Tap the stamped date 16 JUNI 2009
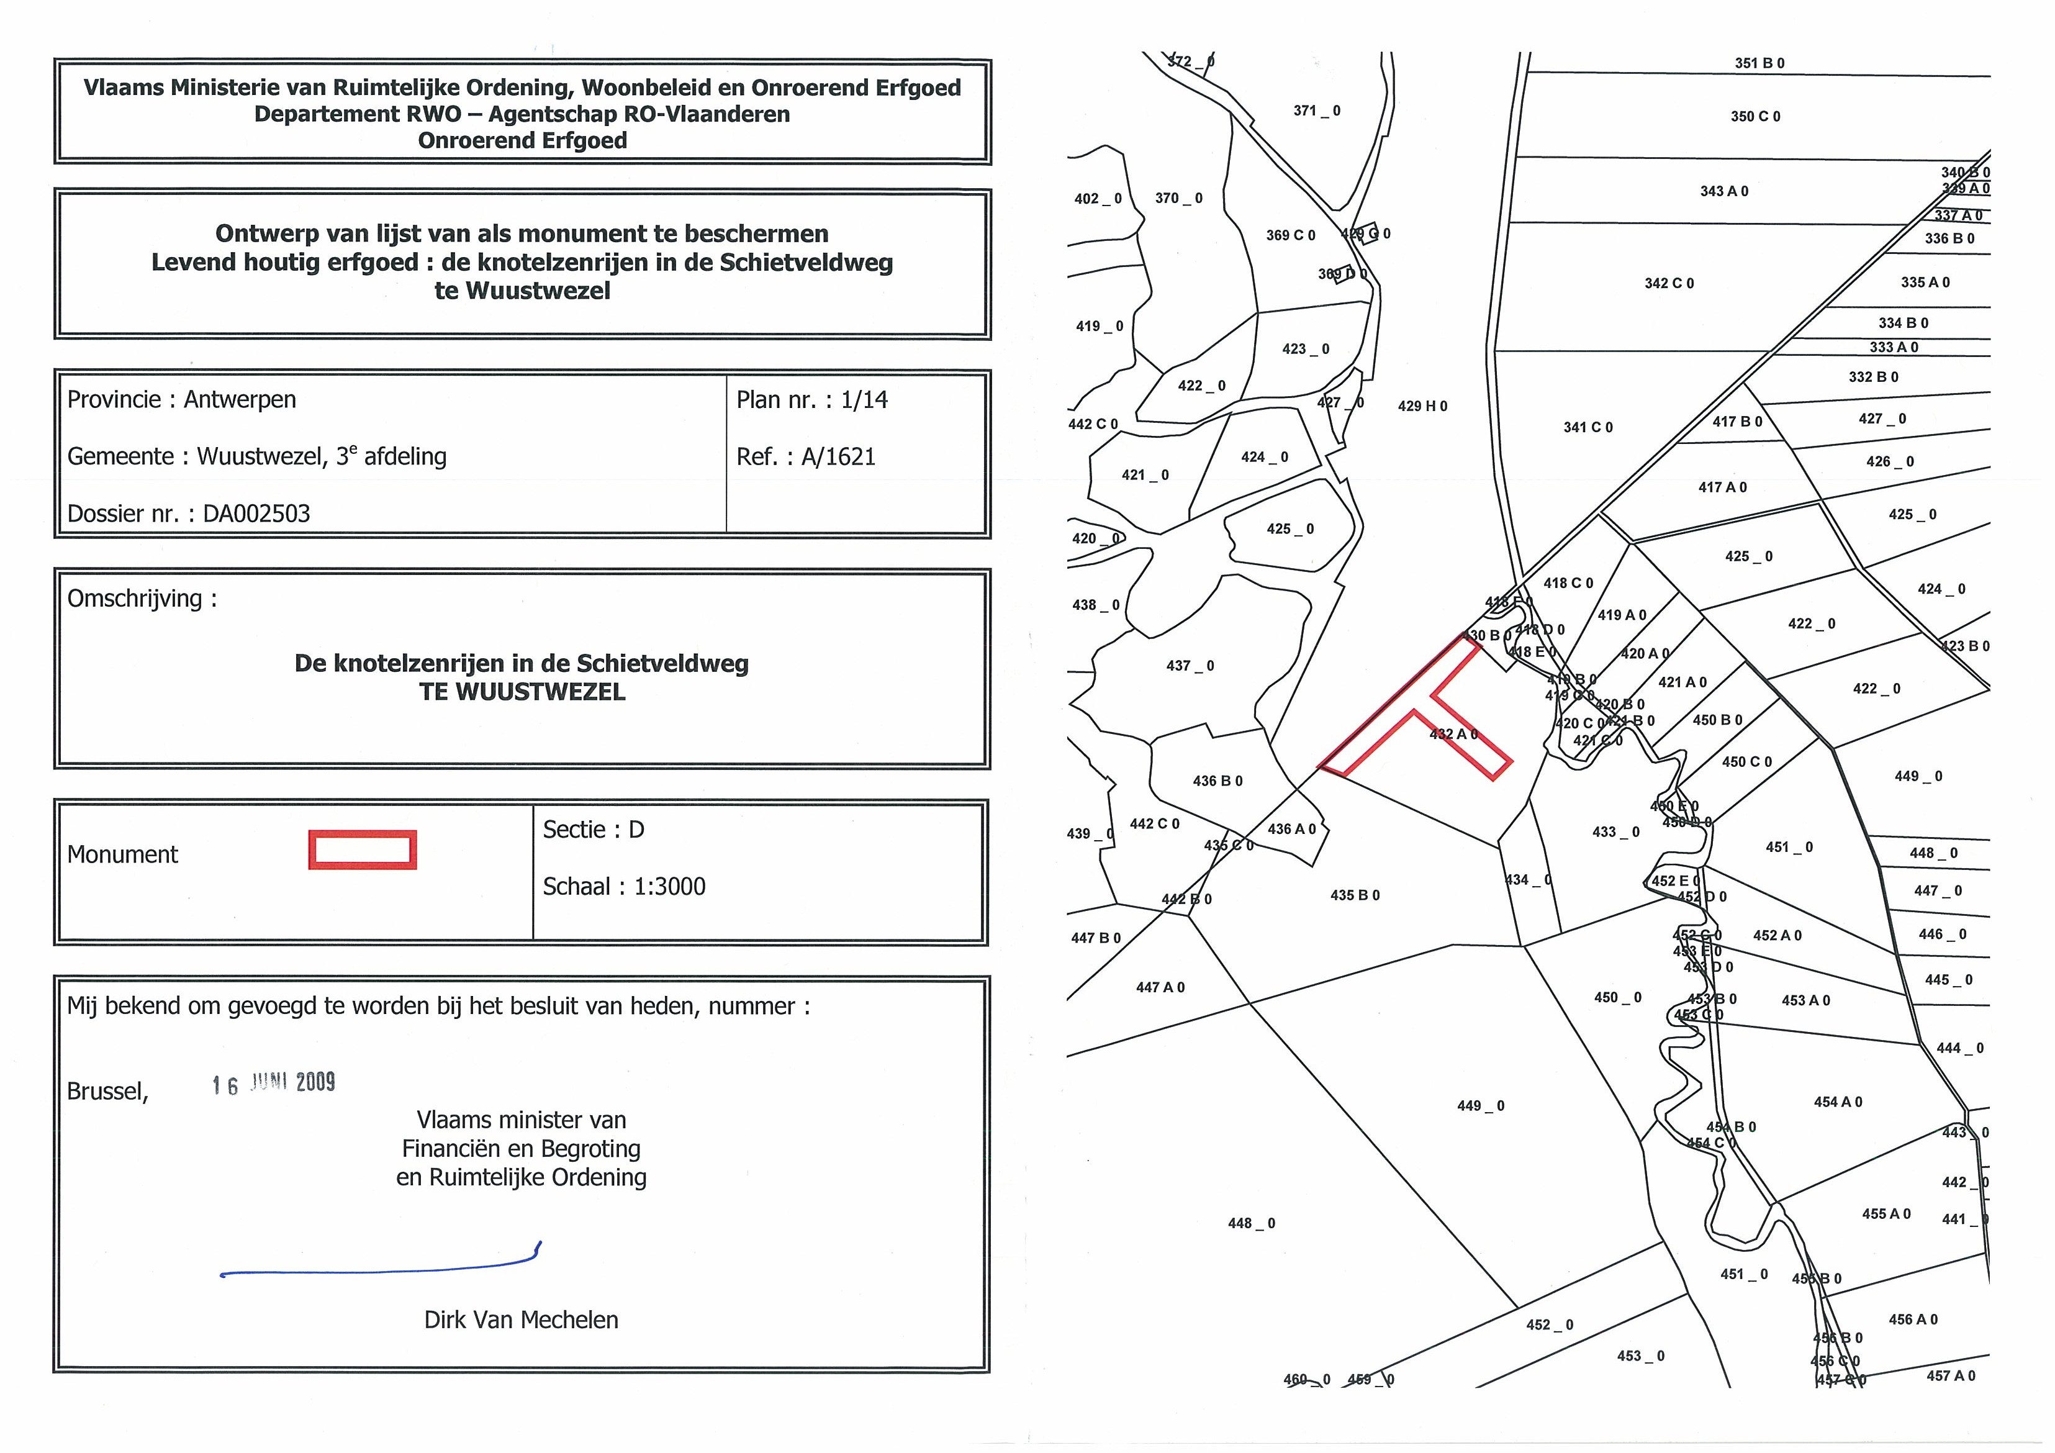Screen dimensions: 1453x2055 coord(274,1084)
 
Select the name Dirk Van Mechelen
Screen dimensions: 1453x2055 coord(521,1319)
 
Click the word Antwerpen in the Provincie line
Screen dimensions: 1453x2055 coord(239,399)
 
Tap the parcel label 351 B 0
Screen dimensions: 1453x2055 coord(1759,63)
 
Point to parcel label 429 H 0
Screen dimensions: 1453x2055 coord(1422,407)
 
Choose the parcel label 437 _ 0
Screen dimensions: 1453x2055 coord(1190,666)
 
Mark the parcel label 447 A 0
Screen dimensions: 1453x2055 coord(1160,987)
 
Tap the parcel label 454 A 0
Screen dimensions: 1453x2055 coord(1838,1102)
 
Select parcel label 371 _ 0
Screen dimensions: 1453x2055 coord(1317,111)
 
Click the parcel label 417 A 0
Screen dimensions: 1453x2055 coord(1723,488)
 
